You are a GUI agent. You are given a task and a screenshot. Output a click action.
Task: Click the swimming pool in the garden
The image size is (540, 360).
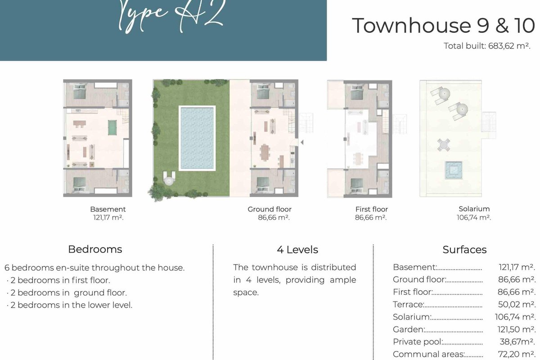click(197, 138)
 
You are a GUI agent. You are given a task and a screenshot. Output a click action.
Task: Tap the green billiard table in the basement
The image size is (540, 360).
click(112, 127)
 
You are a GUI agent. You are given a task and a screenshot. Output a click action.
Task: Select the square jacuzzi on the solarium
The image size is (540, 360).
click(454, 170)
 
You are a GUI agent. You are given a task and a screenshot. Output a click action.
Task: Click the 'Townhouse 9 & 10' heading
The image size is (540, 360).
click(443, 25)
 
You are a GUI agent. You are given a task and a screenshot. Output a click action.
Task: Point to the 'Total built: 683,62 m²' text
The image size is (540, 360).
click(487, 46)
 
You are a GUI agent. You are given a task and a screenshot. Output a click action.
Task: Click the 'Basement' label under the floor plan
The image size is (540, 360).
click(108, 209)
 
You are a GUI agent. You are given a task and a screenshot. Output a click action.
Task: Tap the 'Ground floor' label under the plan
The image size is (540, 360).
click(270, 209)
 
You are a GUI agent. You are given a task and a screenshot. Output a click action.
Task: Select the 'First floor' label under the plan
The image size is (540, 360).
click(372, 209)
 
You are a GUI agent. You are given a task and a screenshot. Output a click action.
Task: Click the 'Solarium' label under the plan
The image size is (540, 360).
click(474, 209)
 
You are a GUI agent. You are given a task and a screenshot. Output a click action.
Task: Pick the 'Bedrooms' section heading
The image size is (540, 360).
click(95, 249)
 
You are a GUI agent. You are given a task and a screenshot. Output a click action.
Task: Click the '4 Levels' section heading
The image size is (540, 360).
click(297, 250)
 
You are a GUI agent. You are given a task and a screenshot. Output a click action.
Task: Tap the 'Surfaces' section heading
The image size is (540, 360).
click(464, 250)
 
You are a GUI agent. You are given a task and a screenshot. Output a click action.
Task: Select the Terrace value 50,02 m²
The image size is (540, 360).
click(517, 305)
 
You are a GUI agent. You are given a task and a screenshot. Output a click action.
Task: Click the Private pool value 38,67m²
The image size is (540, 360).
click(517, 342)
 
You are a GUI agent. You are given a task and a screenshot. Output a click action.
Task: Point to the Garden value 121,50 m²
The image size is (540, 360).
click(516, 329)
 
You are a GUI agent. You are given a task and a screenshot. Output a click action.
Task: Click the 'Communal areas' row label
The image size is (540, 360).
click(428, 354)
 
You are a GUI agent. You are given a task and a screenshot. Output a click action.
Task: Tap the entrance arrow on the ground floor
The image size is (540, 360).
click(302, 143)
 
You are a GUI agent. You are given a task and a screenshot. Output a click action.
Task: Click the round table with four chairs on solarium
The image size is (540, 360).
click(444, 145)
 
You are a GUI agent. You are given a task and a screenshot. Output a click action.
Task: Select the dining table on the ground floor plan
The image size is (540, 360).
click(265, 152)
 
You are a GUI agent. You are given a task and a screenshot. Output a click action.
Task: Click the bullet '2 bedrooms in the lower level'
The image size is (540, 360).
click(69, 305)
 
